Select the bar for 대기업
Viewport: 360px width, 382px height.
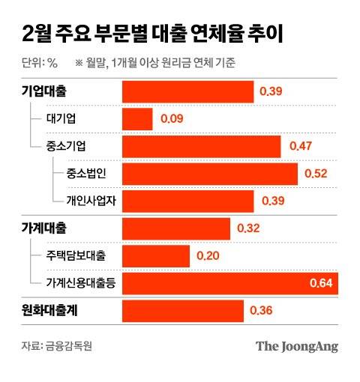137,118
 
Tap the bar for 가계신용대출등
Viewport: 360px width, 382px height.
229,282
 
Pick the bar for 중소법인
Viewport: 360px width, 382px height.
210,173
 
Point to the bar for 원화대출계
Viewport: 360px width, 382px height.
183,311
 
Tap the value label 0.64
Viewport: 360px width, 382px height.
322,283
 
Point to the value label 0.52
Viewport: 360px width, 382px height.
315,173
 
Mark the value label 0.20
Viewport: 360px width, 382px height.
208,255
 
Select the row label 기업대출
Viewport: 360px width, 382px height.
43,91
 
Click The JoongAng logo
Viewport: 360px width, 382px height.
297,346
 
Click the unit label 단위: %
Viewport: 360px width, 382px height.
40,63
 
